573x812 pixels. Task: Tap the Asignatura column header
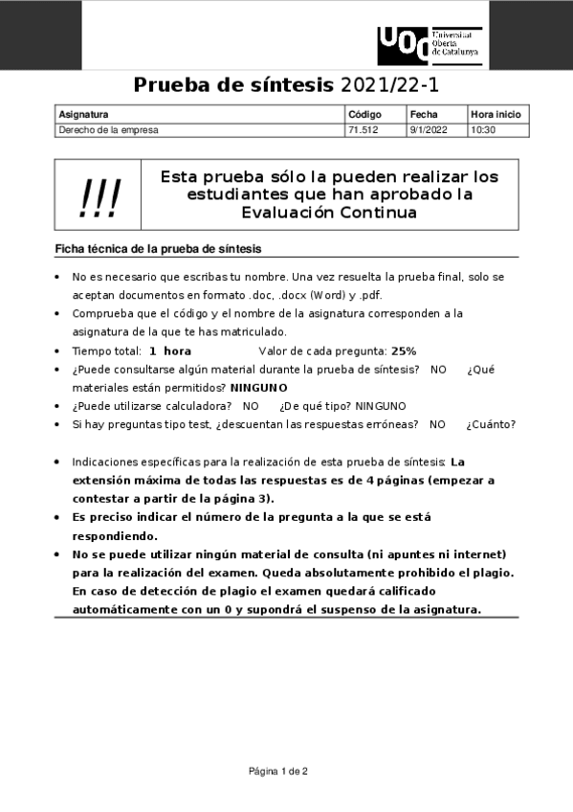tap(84, 114)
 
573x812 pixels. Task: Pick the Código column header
tap(364, 114)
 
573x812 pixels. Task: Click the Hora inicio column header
tap(496, 114)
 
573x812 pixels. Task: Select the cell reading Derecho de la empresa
tap(109, 129)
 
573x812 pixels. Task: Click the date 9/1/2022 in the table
tap(428, 129)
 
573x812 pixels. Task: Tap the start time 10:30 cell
tap(483, 129)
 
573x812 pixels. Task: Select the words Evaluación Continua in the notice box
tap(329, 213)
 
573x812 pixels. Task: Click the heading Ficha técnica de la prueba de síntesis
tap(158, 249)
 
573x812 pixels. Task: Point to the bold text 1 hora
tap(170, 351)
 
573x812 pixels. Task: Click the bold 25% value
tap(404, 351)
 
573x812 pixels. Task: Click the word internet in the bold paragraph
tap(475, 554)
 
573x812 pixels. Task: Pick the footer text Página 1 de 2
tap(278, 771)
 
